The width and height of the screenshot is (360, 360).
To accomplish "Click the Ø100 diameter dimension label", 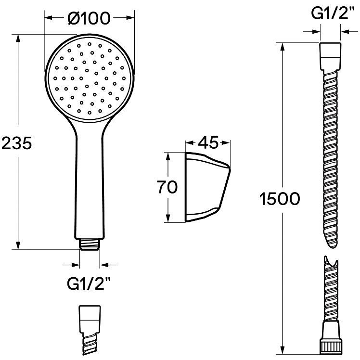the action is (89, 18).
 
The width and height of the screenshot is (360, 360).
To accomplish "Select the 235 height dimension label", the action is (16, 143).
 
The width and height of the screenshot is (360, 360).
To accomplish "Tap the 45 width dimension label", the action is (208, 142).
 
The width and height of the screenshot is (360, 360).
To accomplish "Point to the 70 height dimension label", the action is (167, 187).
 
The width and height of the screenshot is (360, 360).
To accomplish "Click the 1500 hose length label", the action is (280, 199).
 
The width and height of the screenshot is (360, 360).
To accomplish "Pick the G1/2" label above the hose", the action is (331, 13).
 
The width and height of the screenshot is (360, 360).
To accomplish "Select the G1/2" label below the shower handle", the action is (89, 283).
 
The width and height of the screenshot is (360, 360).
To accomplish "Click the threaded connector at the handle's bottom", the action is (90, 244).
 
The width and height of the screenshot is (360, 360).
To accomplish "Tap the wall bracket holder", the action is (207, 187).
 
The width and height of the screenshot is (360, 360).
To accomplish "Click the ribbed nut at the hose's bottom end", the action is (330, 347).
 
